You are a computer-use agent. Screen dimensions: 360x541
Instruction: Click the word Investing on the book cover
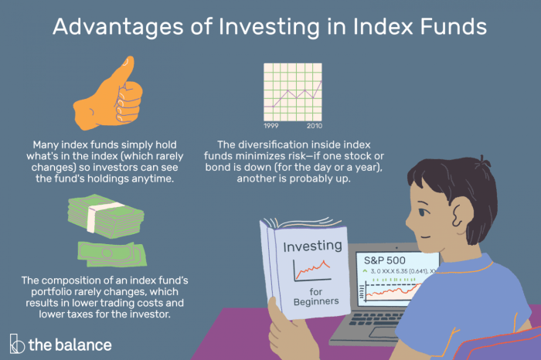(312, 246)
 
